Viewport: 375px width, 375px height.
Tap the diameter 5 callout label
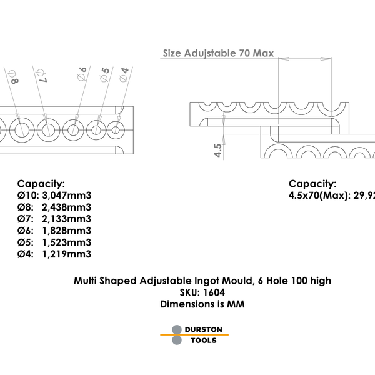point(104,74)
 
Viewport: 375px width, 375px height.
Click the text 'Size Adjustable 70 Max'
point(218,54)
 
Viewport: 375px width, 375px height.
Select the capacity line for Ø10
point(54,196)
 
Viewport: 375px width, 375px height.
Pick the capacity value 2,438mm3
point(67,207)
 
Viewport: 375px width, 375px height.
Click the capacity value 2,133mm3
point(67,219)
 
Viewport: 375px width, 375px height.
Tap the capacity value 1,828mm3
point(67,231)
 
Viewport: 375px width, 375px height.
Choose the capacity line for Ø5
point(54,242)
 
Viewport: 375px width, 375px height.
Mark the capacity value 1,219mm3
point(67,254)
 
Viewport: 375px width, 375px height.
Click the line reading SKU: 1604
point(202,292)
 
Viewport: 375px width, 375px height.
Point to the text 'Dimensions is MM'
point(202,304)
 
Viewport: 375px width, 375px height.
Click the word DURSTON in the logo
point(203,329)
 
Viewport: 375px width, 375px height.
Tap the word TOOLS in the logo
point(203,341)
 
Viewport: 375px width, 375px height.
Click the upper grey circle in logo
point(177,329)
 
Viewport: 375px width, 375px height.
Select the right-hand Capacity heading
point(312,184)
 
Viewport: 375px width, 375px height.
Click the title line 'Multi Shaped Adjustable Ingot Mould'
point(202,281)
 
